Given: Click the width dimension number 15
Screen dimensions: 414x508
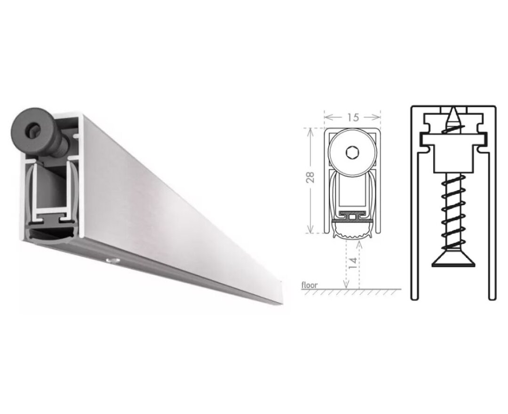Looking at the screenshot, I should click(x=353, y=118).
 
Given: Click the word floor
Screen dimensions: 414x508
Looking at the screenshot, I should click(x=310, y=285).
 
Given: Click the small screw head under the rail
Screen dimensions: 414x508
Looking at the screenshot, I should click(x=111, y=261).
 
